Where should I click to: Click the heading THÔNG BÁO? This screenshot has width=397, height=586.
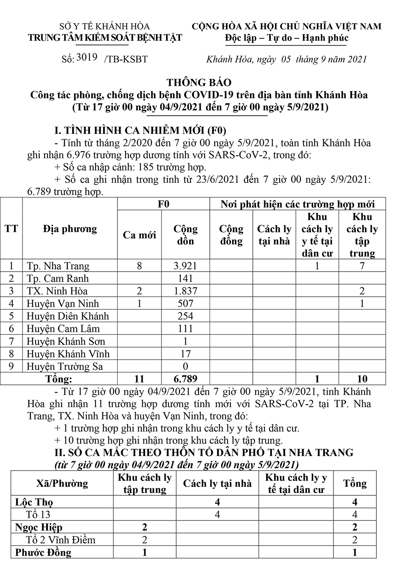pyautogui.click(x=199, y=83)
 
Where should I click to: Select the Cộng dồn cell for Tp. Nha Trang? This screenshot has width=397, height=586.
pyautogui.click(x=185, y=266)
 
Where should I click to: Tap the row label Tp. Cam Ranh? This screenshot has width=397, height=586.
pyautogui.click(x=58, y=278)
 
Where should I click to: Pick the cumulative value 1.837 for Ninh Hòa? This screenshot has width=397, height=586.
pyautogui.click(x=185, y=291)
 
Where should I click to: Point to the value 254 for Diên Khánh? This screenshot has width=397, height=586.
pyautogui.click(x=185, y=316)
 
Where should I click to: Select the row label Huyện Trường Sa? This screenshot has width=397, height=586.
pyautogui.click(x=65, y=366)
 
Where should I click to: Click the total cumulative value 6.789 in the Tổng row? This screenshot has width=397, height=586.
pyautogui.click(x=185, y=379)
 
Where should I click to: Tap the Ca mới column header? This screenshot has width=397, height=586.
pyautogui.click(x=139, y=235)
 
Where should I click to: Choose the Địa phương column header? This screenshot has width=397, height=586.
pyautogui.click(x=70, y=229)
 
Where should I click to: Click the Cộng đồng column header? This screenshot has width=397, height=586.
pyautogui.click(x=231, y=235)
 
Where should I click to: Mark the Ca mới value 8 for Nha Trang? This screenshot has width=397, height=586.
pyautogui.click(x=139, y=266)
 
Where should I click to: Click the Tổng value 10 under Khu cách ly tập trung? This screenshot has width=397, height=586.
pyautogui.click(x=362, y=379)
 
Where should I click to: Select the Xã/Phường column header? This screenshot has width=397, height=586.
pyautogui.click(x=62, y=484)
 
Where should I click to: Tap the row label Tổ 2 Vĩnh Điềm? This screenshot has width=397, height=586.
pyautogui.click(x=61, y=540)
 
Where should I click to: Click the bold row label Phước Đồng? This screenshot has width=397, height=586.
pyautogui.click(x=43, y=552)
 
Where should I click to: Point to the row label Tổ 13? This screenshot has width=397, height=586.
pyautogui.click(x=38, y=515)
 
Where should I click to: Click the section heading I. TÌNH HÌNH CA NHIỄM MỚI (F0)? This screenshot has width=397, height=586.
pyautogui.click(x=140, y=131)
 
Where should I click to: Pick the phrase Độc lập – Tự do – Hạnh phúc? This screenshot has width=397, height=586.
pyautogui.click(x=287, y=38)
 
